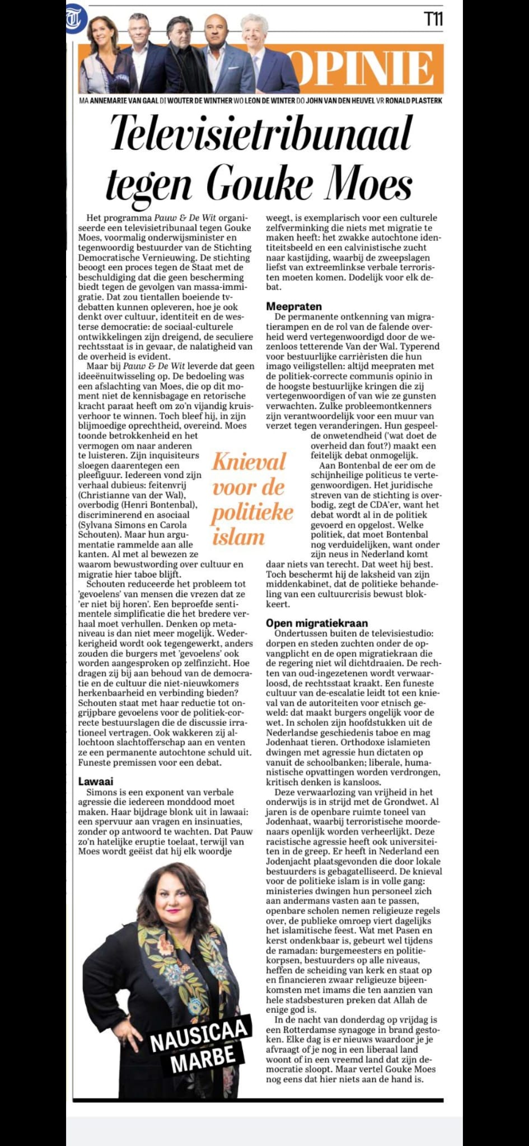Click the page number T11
433,20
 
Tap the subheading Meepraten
294,306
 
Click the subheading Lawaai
95,781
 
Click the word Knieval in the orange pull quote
249,462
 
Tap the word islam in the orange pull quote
238,537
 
